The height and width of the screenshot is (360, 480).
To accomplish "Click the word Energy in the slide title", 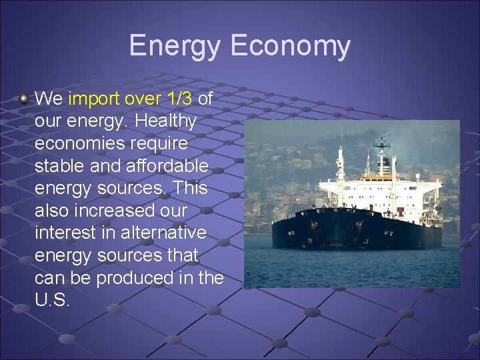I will [x=175, y=46].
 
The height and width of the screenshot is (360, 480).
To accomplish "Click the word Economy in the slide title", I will [x=290, y=46].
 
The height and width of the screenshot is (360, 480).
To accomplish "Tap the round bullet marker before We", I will [x=25, y=99].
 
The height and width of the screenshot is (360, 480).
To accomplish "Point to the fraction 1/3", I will [x=179, y=99].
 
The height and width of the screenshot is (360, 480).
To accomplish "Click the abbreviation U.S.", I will [x=52, y=299].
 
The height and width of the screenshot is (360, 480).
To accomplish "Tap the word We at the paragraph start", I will [x=49, y=99].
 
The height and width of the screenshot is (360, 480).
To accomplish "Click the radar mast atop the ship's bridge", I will [x=381, y=143].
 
